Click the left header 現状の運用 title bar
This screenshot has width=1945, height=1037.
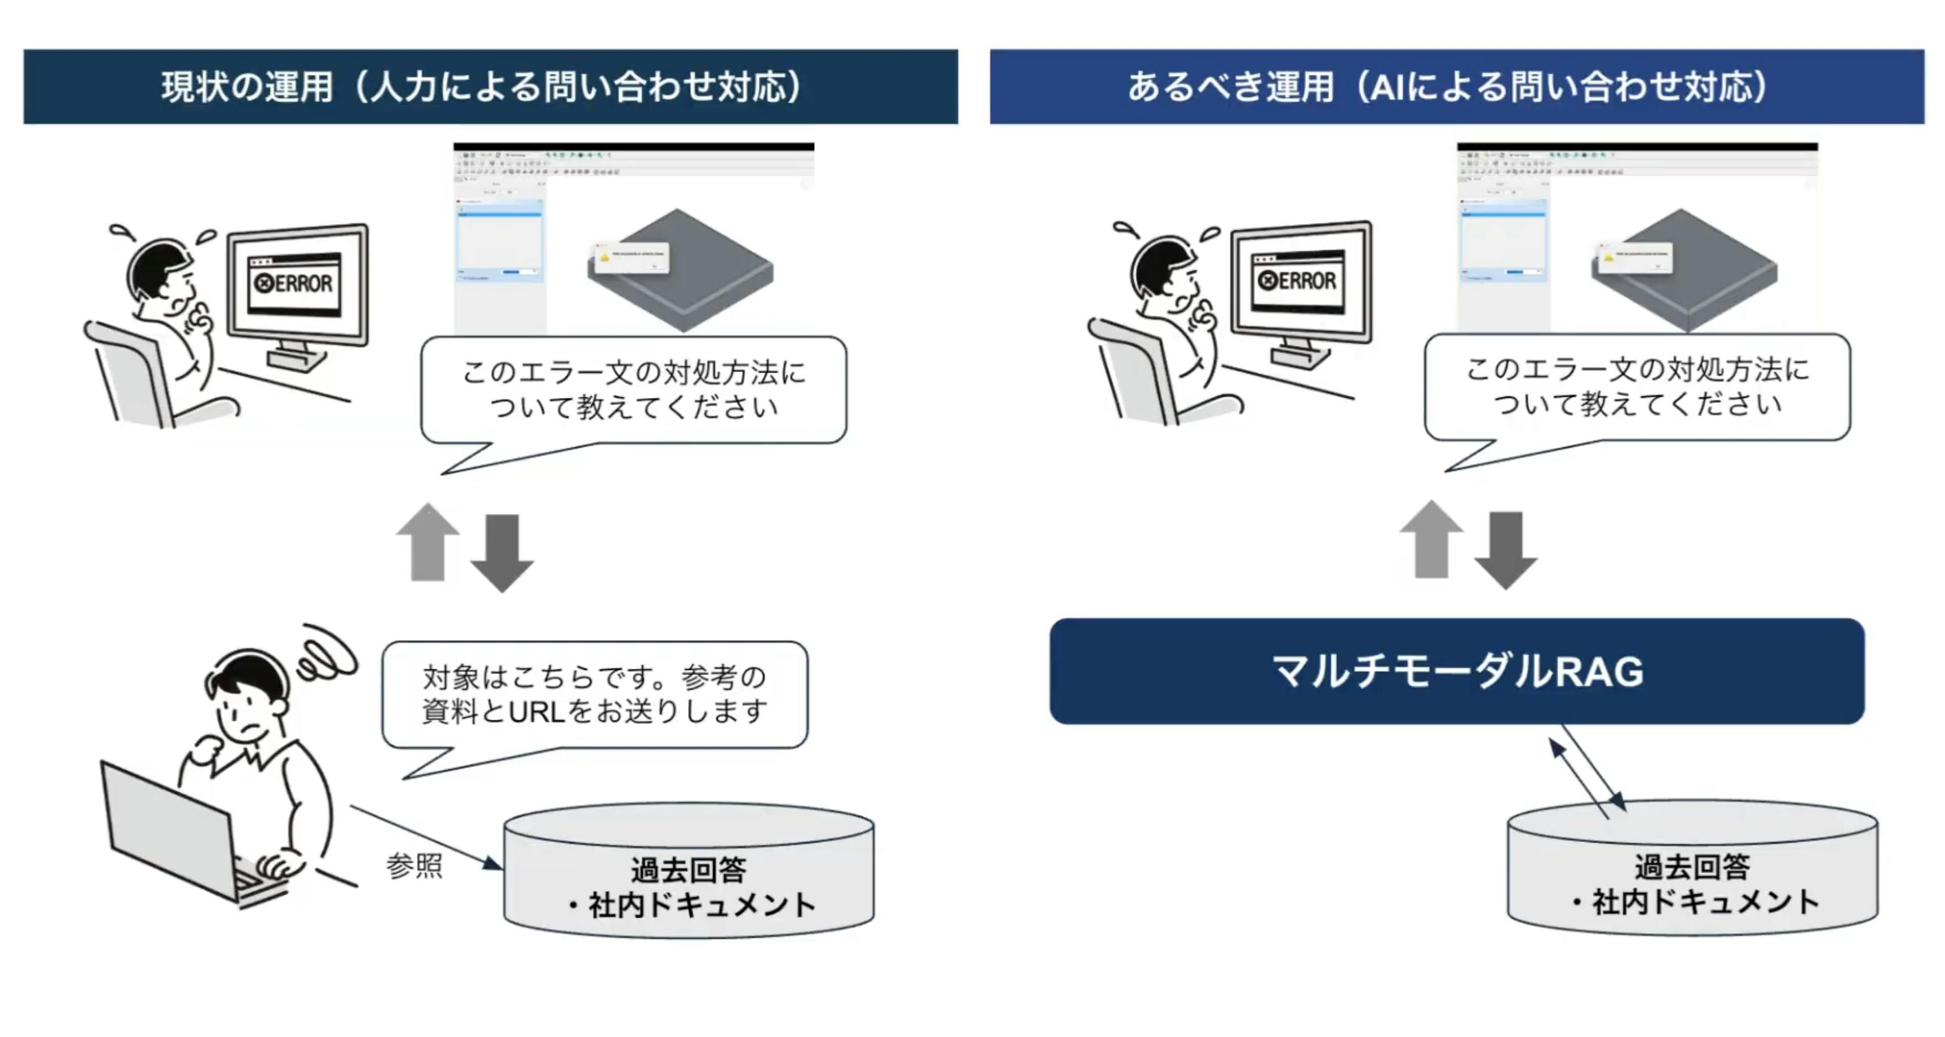(x=491, y=87)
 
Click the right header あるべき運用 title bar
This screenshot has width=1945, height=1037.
(x=1458, y=87)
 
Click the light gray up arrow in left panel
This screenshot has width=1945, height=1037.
(x=428, y=542)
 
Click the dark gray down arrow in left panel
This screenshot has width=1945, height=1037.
(x=502, y=553)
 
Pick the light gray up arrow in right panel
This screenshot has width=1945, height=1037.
(x=1431, y=539)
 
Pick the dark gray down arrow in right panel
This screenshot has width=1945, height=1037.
(x=1505, y=550)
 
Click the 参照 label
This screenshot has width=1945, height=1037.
(x=414, y=866)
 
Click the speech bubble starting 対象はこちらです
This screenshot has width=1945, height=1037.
(x=594, y=694)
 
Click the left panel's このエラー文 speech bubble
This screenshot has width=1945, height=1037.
(x=633, y=389)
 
